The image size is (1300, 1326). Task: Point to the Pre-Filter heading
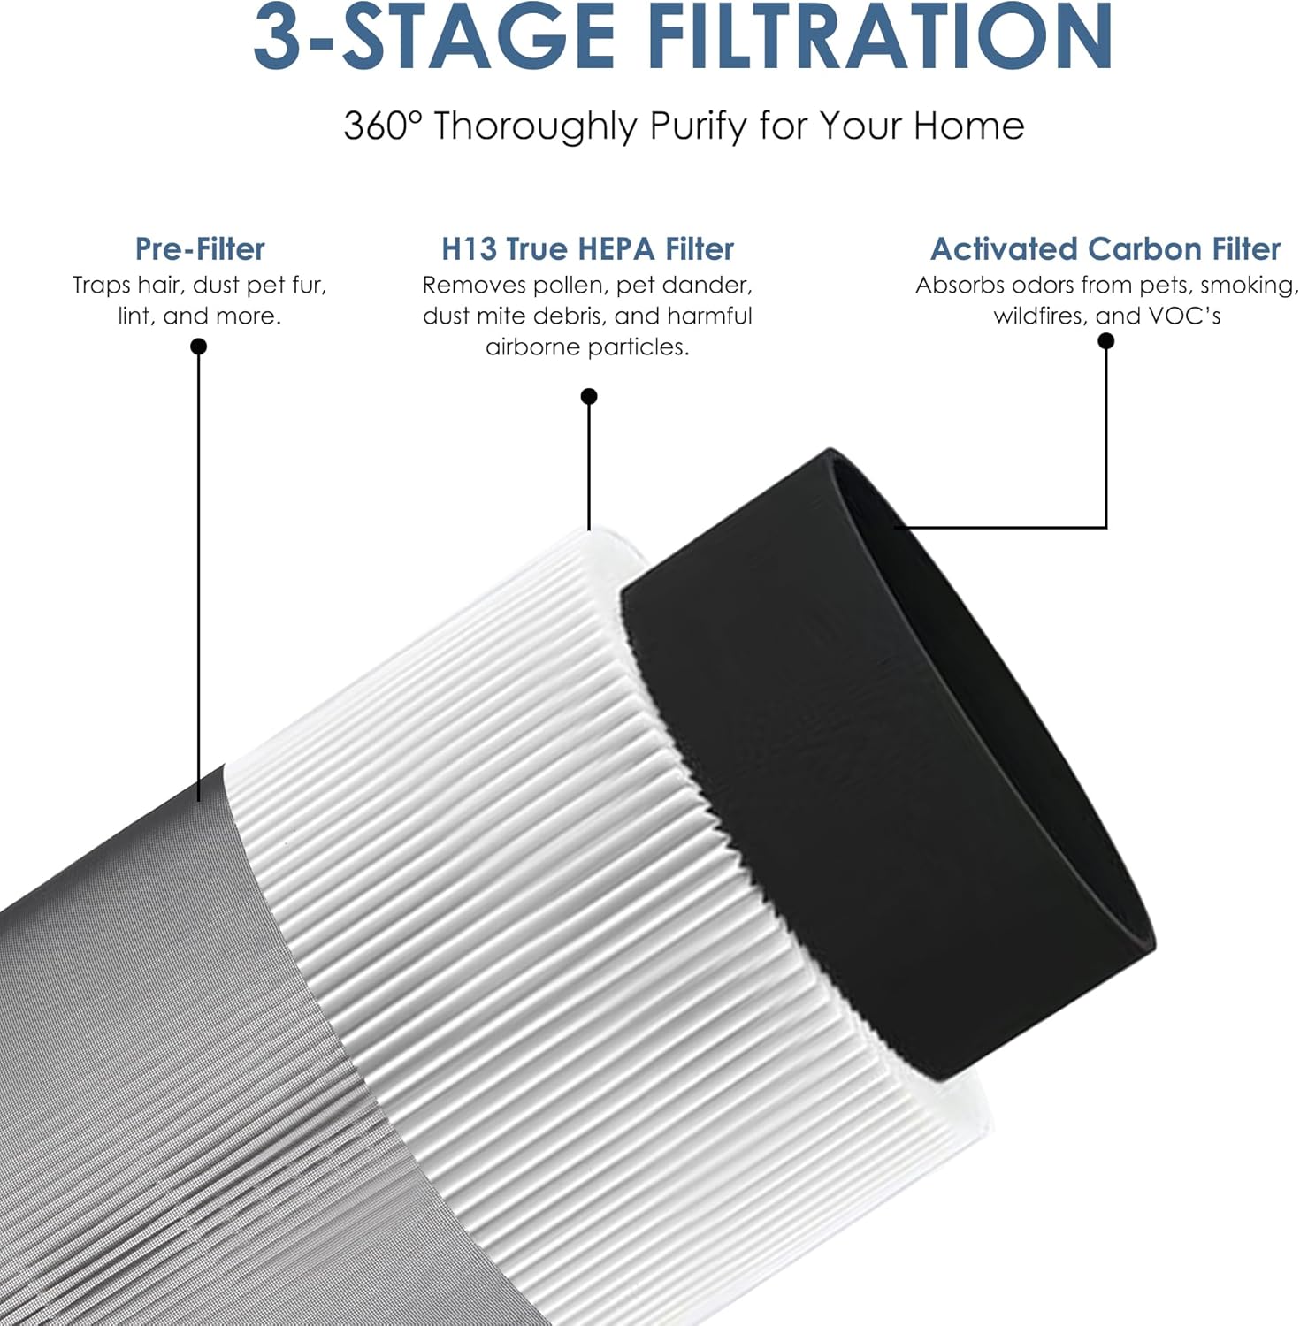pos(200,249)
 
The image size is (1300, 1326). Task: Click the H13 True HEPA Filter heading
pos(588,249)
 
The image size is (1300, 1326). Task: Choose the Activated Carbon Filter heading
pos(1105,249)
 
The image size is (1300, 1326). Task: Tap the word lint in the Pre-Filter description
pos(134,316)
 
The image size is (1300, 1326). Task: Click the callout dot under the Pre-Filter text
pos(199,347)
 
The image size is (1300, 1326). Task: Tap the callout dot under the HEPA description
pos(589,396)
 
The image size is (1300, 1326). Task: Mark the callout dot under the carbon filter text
pos(1105,341)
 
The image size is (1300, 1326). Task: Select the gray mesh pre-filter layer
pos(150,1061)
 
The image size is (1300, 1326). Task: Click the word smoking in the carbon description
pos(1249,286)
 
